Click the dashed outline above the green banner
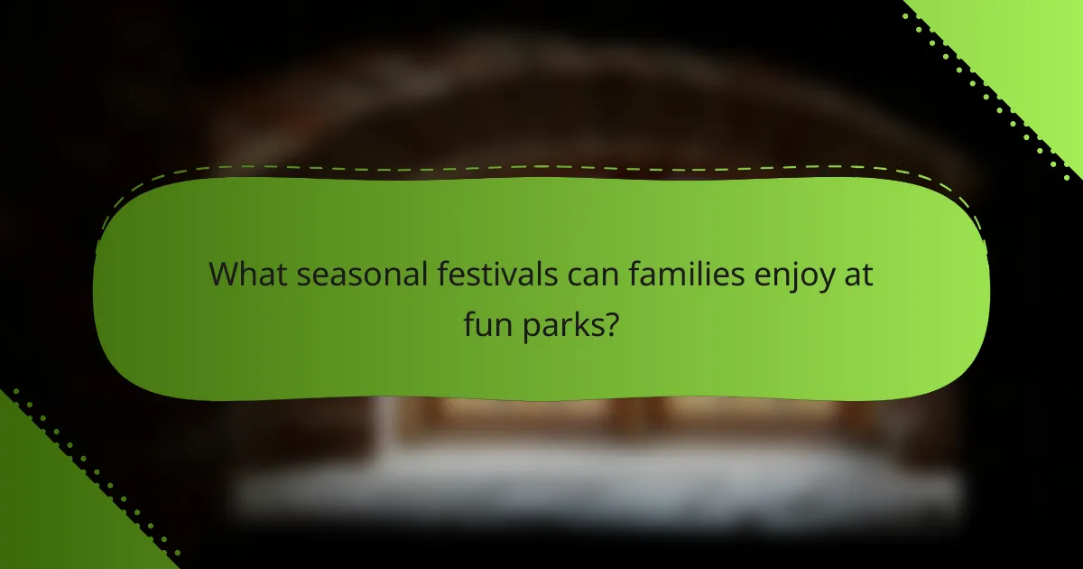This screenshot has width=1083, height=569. tap(541, 167)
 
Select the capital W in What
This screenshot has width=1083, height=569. tap(226, 274)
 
